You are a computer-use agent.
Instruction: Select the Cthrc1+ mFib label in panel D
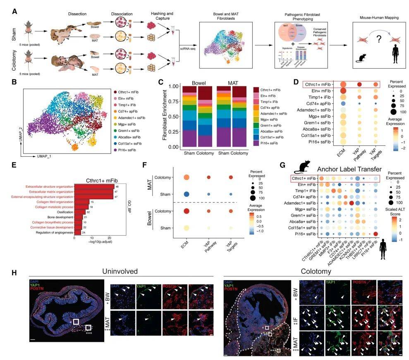coord(317,84)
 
